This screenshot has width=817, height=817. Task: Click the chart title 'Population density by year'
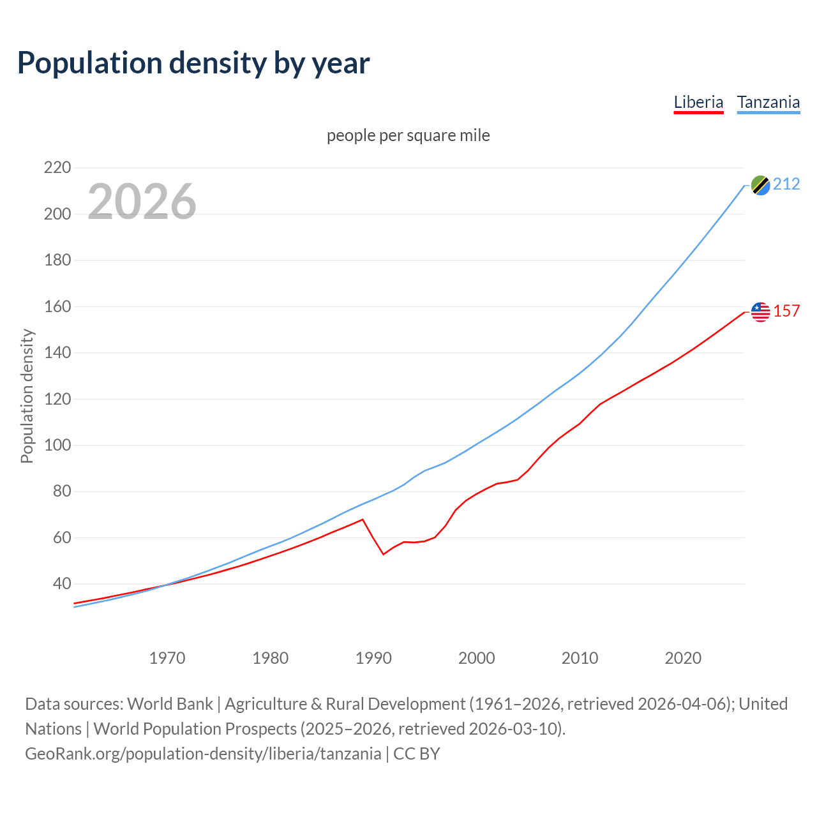click(x=193, y=63)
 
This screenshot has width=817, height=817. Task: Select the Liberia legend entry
click(x=698, y=102)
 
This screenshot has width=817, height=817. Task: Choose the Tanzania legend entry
click(x=768, y=102)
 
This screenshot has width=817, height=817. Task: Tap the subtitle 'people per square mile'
click(x=408, y=135)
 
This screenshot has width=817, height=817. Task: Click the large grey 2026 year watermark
click(x=142, y=202)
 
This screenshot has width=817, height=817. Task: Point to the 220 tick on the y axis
click(x=57, y=168)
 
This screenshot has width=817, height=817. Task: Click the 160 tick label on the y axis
click(x=57, y=306)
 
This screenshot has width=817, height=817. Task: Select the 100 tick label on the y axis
click(x=57, y=445)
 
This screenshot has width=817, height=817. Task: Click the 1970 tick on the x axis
click(x=167, y=658)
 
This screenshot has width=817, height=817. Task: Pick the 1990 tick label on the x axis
click(x=373, y=658)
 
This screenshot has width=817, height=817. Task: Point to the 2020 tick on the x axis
click(x=683, y=658)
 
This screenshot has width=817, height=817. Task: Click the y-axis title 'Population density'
click(x=27, y=396)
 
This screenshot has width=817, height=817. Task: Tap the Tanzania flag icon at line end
click(x=760, y=185)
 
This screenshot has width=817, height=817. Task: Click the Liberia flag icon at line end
click(x=760, y=311)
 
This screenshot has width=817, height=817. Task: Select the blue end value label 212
click(x=786, y=184)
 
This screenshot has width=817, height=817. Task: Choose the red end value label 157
click(x=786, y=311)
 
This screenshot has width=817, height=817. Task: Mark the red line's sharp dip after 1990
click(x=384, y=553)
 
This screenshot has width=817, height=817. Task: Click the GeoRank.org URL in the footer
click(x=203, y=754)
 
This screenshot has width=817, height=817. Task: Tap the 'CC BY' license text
click(x=417, y=754)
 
